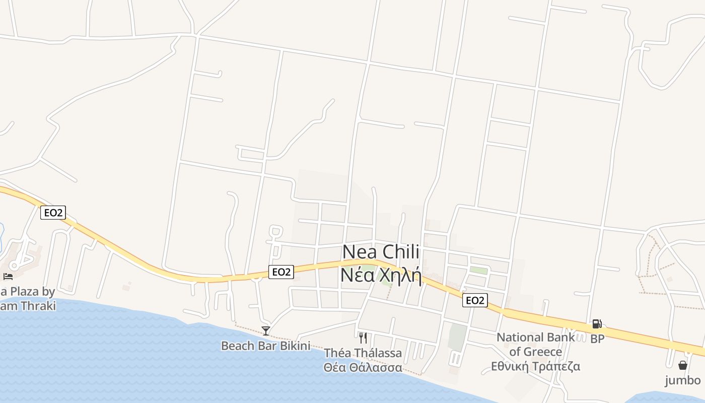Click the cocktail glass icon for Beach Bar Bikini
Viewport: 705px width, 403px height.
pos(266,331)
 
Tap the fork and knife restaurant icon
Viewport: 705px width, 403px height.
pos(363,338)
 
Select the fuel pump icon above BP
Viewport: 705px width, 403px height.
pos(597,324)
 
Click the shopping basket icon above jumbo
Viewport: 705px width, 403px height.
pos(683,365)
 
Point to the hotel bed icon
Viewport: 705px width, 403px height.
pos(8,276)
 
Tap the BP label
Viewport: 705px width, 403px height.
pos(597,339)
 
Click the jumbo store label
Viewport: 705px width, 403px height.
pos(683,380)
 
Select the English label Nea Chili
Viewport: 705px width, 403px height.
pos(381,252)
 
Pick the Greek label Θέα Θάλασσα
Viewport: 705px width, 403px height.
pos(363,367)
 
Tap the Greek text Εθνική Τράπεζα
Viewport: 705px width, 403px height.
pos(535,366)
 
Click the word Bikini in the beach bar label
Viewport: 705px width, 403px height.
pos(294,346)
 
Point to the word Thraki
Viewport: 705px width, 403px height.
pos(38,306)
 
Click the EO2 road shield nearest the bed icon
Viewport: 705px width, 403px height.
pos(53,213)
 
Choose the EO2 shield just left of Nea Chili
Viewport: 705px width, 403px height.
pos(281,272)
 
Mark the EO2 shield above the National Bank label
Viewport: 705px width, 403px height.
pos(475,301)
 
